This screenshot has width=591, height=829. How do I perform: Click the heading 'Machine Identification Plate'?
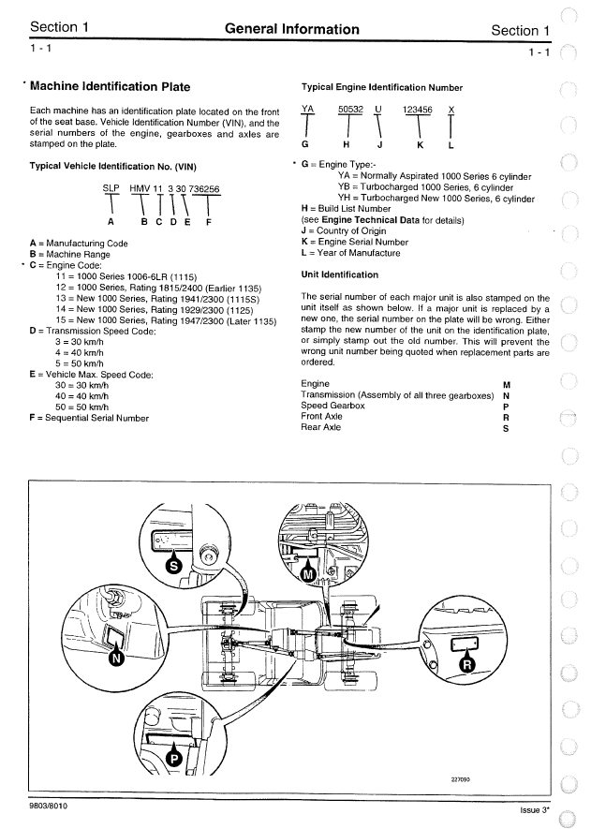click(x=110, y=87)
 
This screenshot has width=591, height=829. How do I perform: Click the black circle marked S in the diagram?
click(x=173, y=565)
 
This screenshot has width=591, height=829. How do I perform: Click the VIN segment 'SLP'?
click(x=111, y=188)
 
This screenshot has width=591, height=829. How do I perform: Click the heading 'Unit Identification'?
click(x=339, y=274)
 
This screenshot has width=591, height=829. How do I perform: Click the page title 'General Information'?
click(x=292, y=29)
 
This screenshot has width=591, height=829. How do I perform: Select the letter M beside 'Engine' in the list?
click(x=507, y=385)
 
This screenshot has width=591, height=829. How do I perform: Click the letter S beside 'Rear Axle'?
click(x=507, y=428)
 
